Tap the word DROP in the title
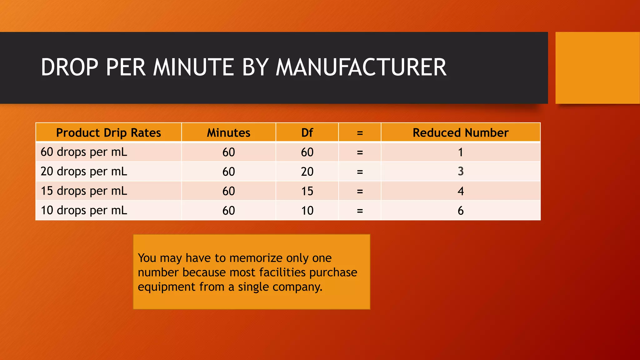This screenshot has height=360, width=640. (70, 67)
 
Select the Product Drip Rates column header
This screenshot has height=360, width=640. (108, 133)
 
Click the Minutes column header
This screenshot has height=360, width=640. (228, 133)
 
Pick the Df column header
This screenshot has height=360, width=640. (307, 133)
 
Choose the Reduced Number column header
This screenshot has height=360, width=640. (460, 133)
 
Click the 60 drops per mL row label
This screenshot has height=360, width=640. (84, 152)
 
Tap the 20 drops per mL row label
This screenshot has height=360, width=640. (84, 172)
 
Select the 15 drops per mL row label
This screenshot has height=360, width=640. (84, 191)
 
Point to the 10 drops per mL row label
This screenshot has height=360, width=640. (84, 210)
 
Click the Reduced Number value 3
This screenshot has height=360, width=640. (460, 171)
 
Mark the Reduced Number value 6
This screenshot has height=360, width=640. (460, 211)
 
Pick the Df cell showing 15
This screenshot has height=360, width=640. (307, 191)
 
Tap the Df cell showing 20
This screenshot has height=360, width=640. (307, 172)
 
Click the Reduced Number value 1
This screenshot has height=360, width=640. (460, 152)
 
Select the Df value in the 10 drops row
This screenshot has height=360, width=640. (307, 211)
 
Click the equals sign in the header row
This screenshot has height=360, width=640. (360, 133)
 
